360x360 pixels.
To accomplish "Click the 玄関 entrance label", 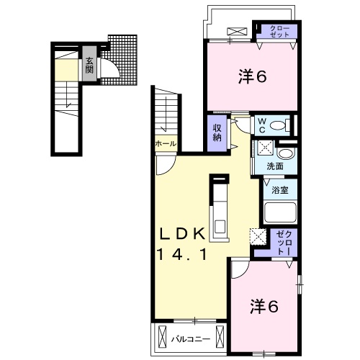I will pos(90,66).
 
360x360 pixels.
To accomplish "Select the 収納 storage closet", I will pos(217,132).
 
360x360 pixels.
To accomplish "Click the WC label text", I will pos(262,125).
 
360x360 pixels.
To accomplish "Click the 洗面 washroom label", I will pos(274,166).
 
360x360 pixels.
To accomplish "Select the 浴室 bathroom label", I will pos(280,190).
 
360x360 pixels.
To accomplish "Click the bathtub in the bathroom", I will pos(280,213).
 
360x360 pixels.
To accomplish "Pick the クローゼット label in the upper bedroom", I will pos(279,32).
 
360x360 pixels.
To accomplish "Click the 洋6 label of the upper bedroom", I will pos(252,76).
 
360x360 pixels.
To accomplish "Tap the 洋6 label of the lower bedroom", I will pos(264,305).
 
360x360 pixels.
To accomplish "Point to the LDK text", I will pos(183,233).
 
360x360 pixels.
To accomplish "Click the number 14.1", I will pos(183,253).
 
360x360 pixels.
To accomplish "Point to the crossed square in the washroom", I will pos(264,149).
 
